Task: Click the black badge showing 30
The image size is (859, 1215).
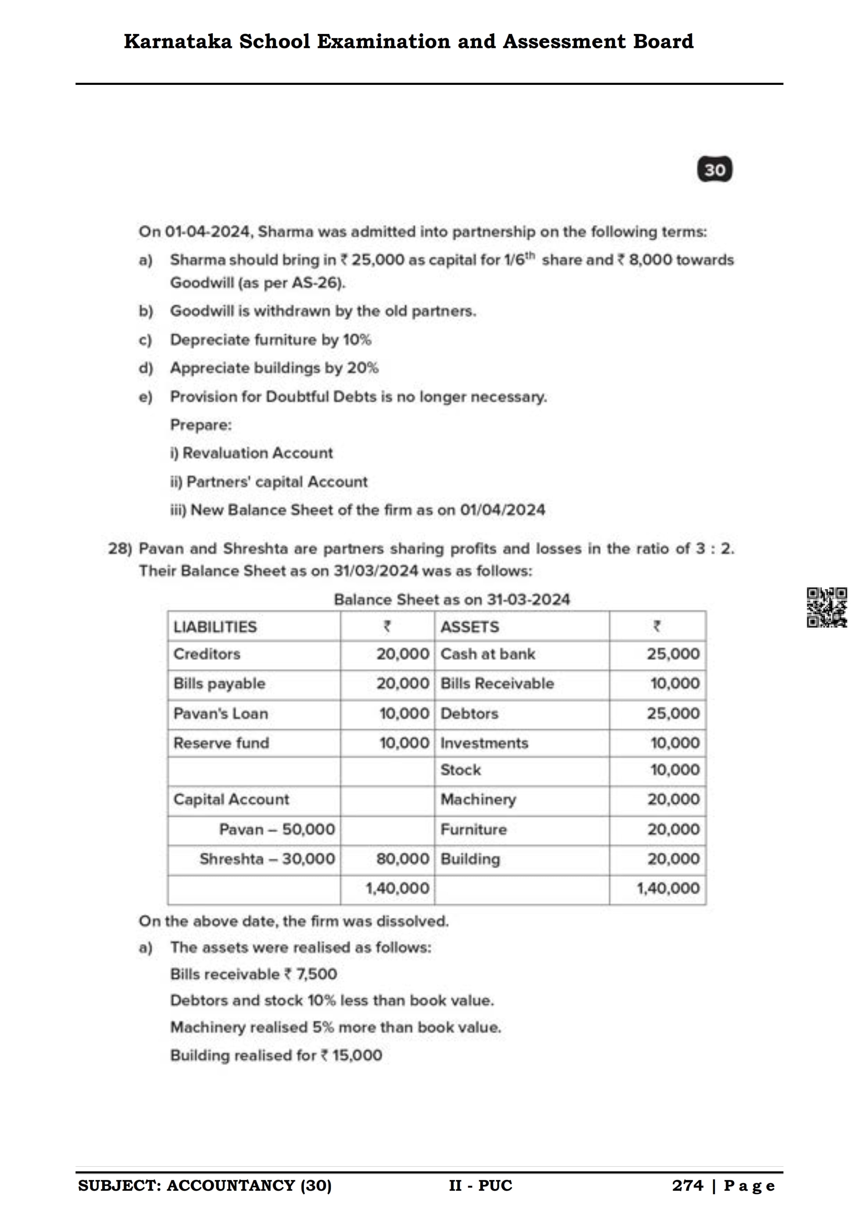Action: [715, 169]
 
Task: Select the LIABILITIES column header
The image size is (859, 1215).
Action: [215, 627]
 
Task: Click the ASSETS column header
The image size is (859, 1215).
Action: [470, 627]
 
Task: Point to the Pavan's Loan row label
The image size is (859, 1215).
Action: [221, 713]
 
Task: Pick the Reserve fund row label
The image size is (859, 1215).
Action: [221, 743]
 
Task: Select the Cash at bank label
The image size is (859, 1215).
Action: [488, 654]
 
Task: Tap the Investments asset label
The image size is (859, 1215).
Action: [484, 743]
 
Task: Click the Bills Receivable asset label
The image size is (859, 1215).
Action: [497, 684]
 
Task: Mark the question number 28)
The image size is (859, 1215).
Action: [120, 549]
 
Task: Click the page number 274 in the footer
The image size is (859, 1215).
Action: [687, 1185]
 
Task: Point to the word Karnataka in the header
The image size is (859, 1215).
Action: [178, 41]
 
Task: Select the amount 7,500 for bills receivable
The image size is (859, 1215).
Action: [316, 974]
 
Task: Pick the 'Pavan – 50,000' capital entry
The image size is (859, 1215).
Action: [277, 829]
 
